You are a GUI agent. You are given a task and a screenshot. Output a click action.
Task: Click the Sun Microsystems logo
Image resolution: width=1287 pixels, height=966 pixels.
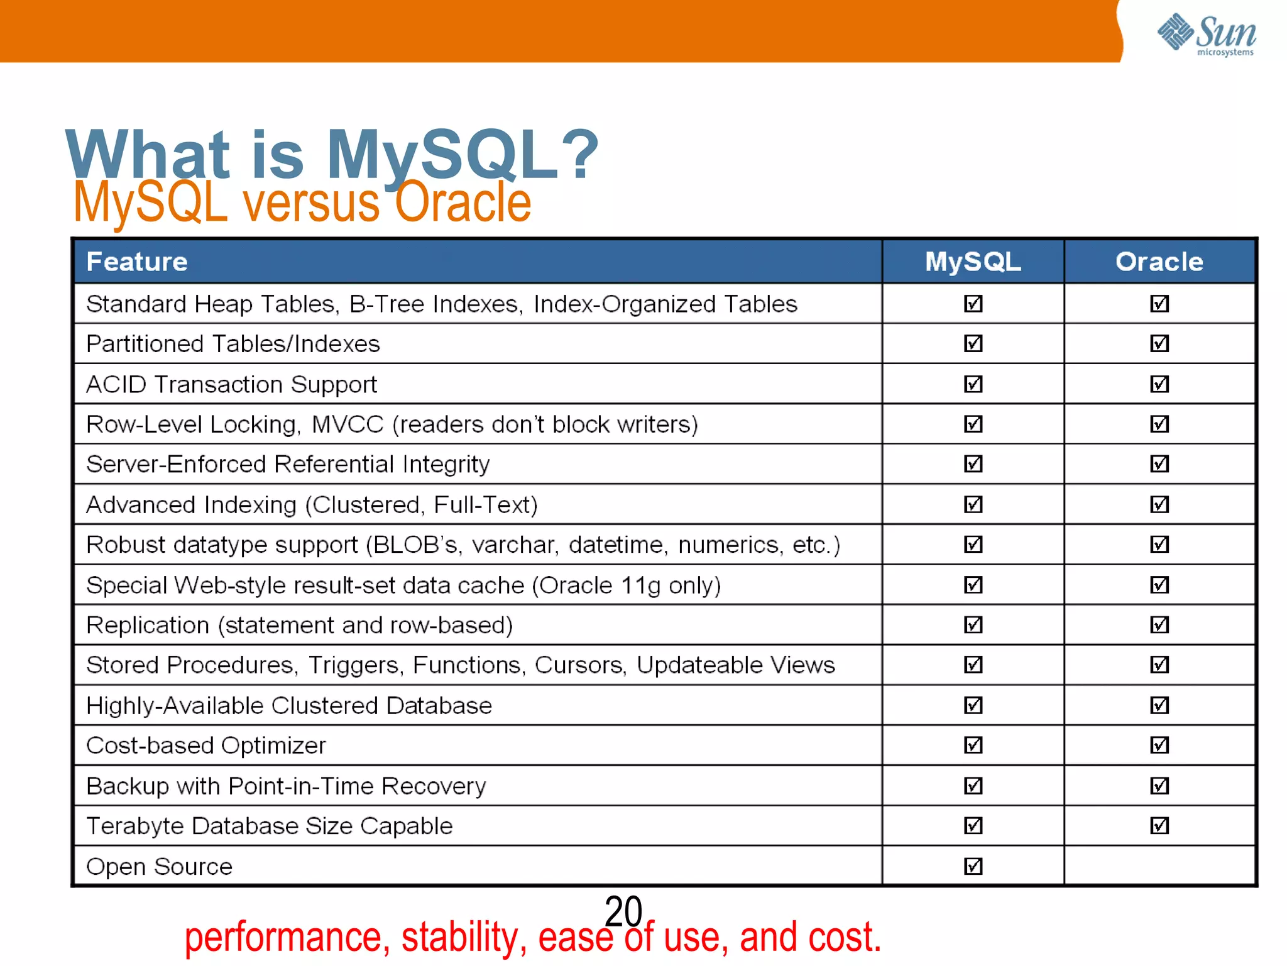1207,34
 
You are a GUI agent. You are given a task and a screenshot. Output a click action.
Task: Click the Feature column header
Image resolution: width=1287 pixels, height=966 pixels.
137,262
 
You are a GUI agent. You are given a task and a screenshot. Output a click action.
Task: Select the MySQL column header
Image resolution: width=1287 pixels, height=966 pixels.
973,262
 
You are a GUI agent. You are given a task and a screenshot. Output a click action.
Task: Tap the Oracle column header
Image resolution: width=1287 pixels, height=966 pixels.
1159,262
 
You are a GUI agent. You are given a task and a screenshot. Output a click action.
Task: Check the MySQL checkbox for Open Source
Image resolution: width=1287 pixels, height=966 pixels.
973,866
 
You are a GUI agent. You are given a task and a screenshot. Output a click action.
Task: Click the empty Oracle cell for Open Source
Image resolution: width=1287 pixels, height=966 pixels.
1159,866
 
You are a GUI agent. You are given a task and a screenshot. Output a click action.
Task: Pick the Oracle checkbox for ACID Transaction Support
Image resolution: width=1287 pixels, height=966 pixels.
1159,384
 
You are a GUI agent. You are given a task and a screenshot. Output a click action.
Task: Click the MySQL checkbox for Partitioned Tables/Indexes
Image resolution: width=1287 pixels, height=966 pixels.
973,343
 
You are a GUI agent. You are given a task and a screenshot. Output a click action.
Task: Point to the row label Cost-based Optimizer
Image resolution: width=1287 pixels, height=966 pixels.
206,745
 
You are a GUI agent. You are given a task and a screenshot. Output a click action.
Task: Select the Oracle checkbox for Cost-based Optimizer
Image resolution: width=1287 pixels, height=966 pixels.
1159,745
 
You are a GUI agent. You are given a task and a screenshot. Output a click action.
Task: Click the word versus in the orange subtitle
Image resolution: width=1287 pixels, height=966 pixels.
312,203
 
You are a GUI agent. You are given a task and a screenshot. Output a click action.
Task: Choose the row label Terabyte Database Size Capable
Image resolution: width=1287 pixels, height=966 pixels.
269,826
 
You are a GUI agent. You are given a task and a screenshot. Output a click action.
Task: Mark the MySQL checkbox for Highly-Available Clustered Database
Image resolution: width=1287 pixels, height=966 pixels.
973,705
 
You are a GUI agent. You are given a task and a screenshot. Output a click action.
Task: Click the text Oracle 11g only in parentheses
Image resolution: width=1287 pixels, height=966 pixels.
626,586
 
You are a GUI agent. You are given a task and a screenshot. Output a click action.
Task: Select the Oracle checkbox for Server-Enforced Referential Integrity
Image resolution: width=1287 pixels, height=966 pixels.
1159,464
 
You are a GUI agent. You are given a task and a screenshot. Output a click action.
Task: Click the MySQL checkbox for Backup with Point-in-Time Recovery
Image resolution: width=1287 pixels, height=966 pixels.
973,786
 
